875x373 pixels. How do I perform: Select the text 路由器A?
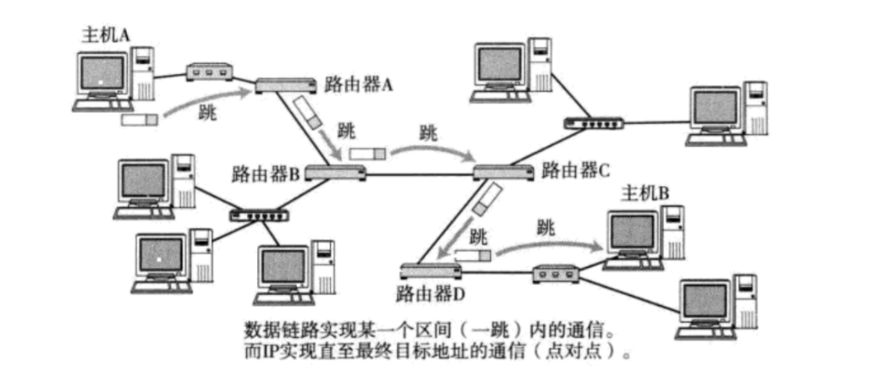click(358, 86)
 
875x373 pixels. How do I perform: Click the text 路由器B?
click(265, 173)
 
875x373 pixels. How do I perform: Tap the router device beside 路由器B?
click(335, 173)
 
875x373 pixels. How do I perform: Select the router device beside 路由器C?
click(503, 171)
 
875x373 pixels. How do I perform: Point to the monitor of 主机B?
click(634, 232)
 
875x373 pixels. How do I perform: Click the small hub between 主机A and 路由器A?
click(209, 73)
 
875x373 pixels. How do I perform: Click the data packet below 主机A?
click(140, 120)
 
